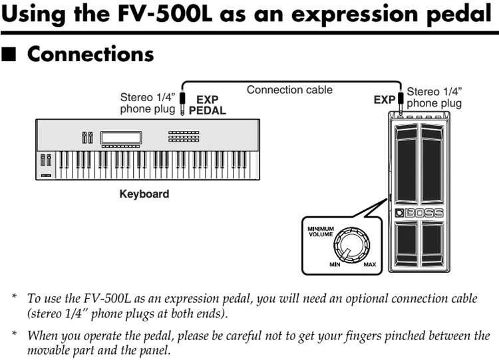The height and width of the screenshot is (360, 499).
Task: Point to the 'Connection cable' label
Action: tap(289, 89)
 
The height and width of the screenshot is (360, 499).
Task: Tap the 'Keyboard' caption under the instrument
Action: tap(144, 194)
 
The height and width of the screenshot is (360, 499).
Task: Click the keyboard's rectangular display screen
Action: tap(120, 138)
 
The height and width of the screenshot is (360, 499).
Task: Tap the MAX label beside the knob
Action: tap(369, 265)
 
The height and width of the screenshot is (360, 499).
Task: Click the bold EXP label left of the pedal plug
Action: tap(384, 100)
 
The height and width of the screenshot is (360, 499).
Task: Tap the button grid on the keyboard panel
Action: tap(183, 136)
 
